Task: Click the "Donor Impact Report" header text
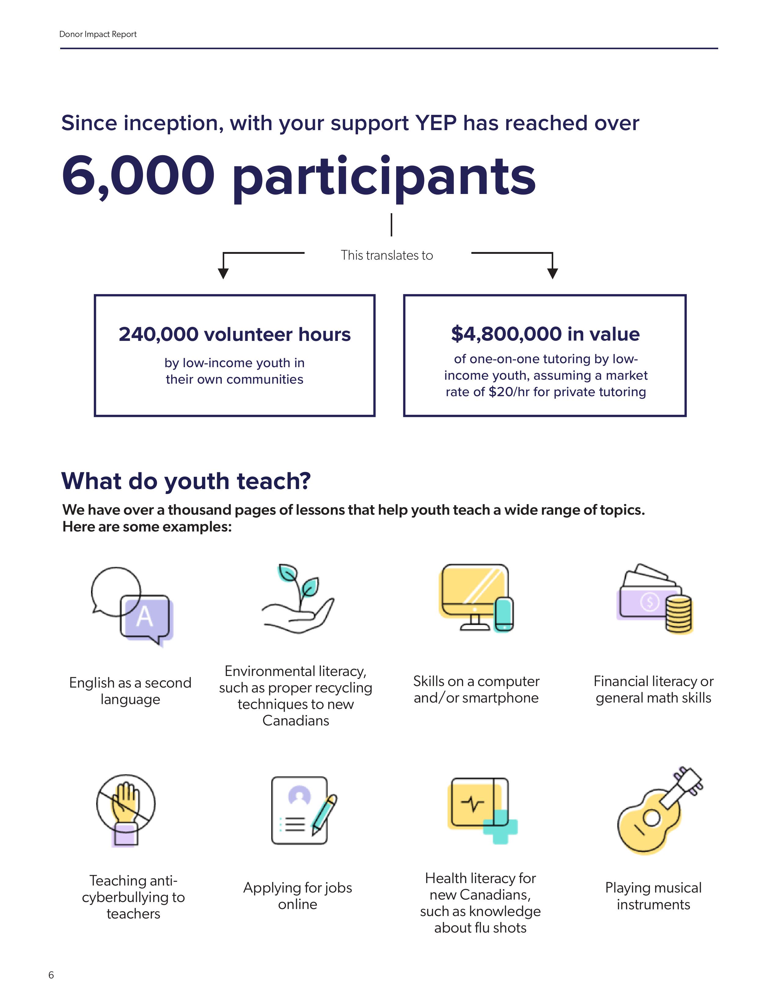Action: [x=98, y=34]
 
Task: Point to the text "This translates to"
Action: [x=387, y=255]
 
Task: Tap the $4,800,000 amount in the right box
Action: [x=506, y=334]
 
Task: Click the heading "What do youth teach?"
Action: [x=186, y=481]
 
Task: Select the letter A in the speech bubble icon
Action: [x=144, y=616]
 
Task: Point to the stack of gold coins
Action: [x=678, y=614]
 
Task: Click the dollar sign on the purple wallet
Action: [x=650, y=602]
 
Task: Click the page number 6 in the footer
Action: [x=51, y=975]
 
